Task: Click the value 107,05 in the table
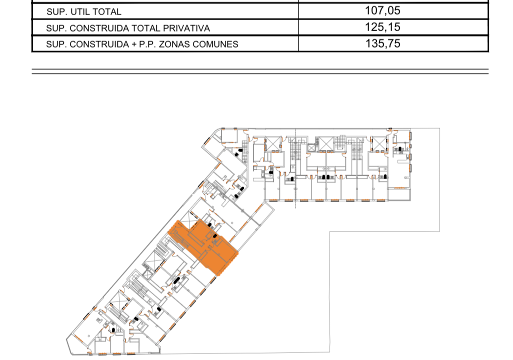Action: pos(383,10)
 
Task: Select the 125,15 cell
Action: pos(383,27)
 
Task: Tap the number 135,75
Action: pos(383,43)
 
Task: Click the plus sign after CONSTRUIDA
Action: pos(133,44)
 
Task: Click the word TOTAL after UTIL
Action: pos(107,11)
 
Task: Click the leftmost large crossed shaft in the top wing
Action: pos(273,143)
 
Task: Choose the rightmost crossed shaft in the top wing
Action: pos(378,143)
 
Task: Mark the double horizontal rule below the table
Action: pos(260,71)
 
